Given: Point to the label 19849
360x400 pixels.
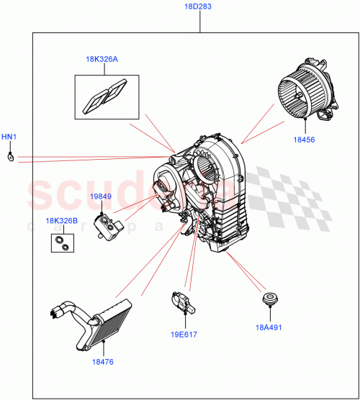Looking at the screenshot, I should pos(101,196).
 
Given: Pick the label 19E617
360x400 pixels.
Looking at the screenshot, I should pos(184,334).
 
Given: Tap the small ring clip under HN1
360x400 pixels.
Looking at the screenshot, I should pos(10,158).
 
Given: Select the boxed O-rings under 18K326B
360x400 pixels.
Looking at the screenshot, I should pos(62,242).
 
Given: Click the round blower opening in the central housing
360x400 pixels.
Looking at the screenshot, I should pos(212,169).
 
